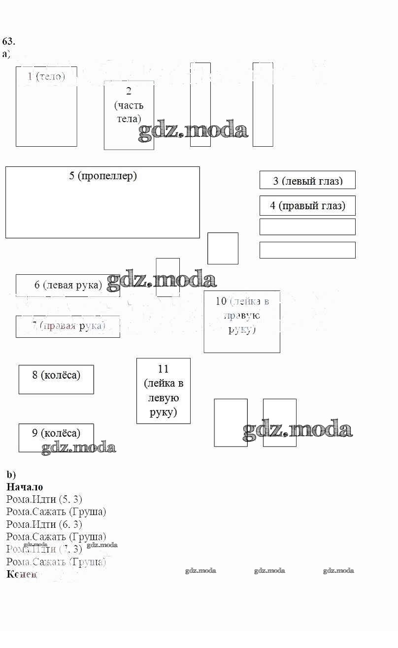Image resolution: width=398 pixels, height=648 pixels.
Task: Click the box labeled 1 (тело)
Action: tap(46, 106)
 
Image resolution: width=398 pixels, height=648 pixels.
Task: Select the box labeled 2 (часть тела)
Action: tap(129, 115)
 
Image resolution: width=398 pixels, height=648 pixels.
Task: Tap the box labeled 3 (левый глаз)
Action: tap(307, 180)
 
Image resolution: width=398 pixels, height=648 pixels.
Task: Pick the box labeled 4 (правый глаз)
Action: tap(307, 205)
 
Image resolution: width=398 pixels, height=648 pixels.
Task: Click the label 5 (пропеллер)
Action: tap(103, 176)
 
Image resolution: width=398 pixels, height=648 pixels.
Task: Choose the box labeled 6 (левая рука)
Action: tap(68, 285)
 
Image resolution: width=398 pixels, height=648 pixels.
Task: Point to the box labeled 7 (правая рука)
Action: tap(68, 326)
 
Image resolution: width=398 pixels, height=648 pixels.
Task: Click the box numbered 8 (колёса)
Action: tap(56, 379)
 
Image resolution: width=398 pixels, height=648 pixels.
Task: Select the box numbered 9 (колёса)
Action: tap(56, 437)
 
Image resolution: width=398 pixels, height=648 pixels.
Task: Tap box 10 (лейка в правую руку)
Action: tap(242, 322)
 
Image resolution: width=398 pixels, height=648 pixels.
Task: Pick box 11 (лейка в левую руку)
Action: tap(163, 390)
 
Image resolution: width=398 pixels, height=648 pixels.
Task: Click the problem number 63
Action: tap(9, 41)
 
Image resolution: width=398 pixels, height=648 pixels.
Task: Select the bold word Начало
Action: tap(25, 487)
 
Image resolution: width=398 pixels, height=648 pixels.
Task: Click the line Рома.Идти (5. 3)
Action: tap(44, 499)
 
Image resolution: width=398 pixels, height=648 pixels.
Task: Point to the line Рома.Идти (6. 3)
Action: tap(44, 524)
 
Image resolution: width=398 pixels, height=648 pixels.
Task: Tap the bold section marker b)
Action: tap(11, 475)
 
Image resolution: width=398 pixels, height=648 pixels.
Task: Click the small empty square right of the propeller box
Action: tap(223, 248)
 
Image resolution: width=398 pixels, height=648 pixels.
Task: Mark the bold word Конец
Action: tap(22, 574)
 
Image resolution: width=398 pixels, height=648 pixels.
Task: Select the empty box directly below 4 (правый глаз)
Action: tap(307, 227)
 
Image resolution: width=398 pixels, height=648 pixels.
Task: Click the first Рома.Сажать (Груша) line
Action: tap(56, 512)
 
